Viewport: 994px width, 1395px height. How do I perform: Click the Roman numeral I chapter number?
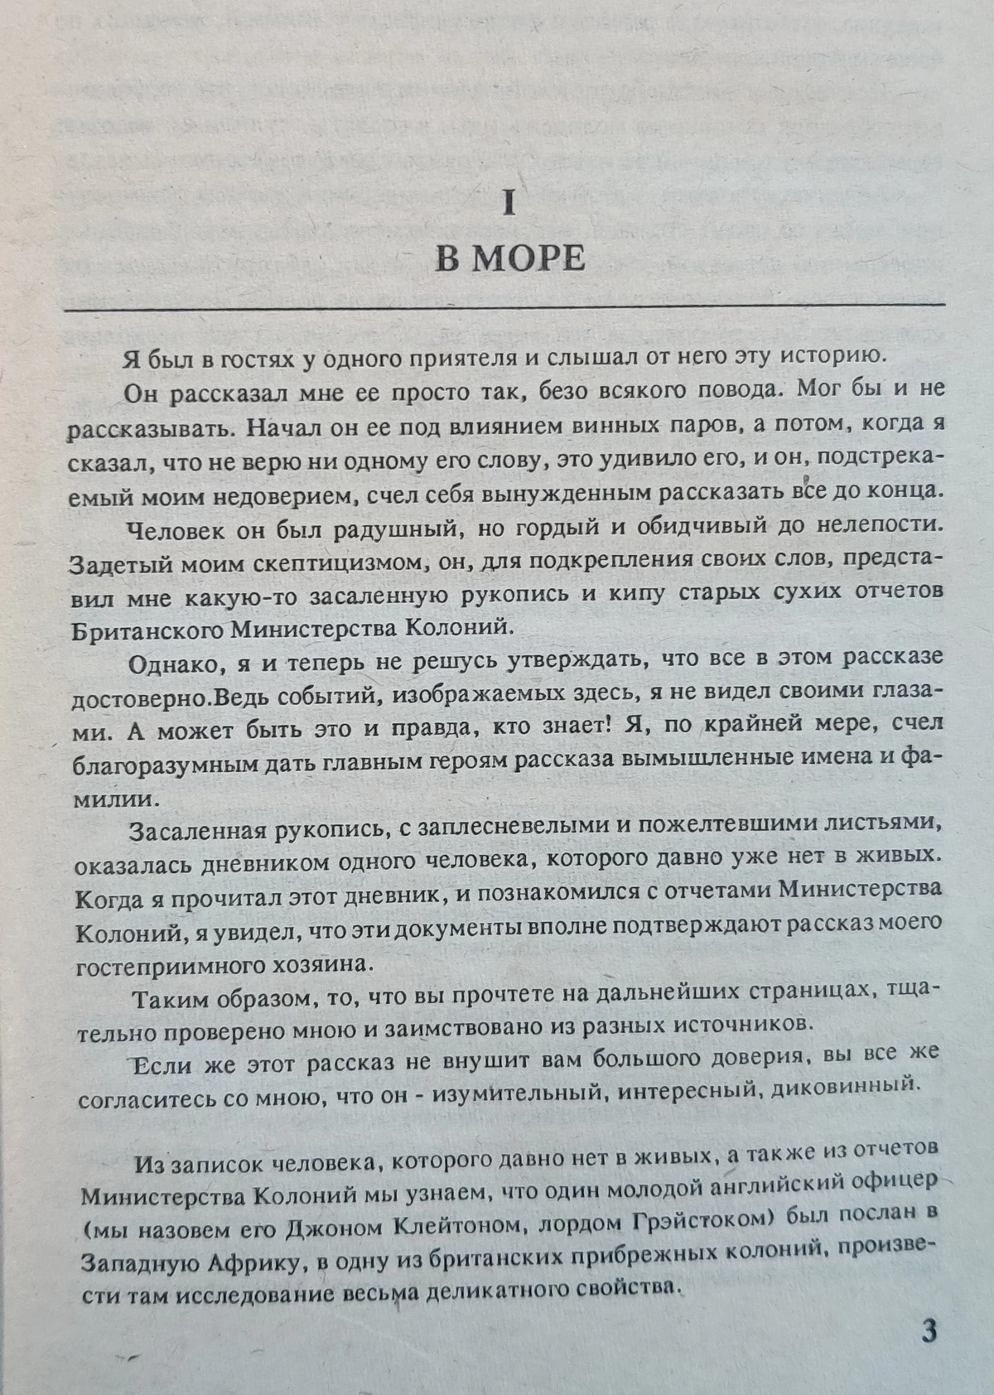[x=509, y=204]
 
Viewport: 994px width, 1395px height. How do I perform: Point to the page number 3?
[x=929, y=1331]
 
